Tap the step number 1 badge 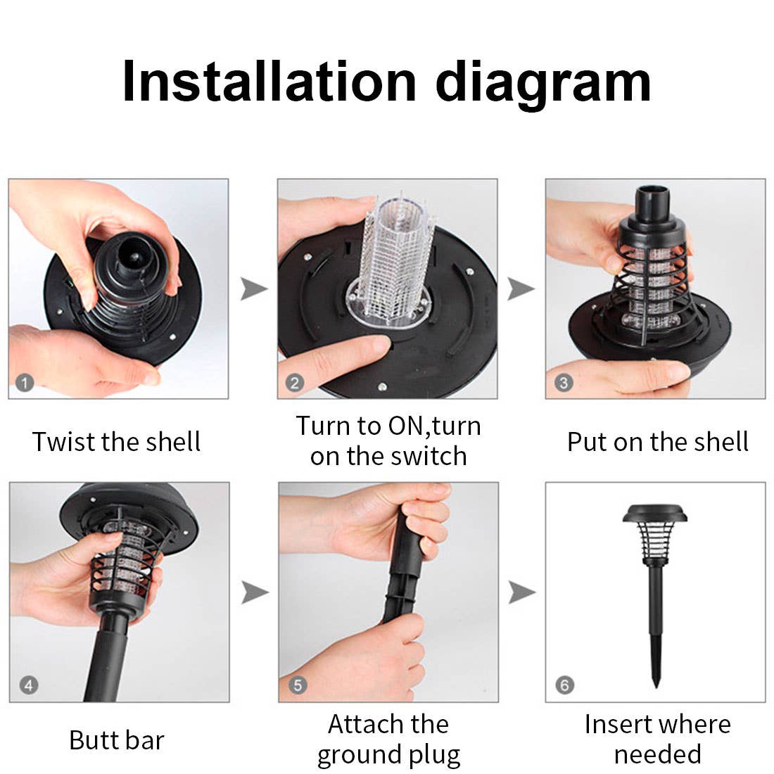click(x=25, y=383)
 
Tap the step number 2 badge click(x=294, y=383)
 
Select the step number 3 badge click(x=563, y=383)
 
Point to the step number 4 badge click(x=29, y=685)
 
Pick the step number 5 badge click(x=298, y=685)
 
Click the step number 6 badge click(x=564, y=685)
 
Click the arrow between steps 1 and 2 click(x=253, y=288)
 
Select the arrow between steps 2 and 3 click(x=521, y=288)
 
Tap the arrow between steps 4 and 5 click(x=254, y=592)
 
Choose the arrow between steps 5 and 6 click(x=521, y=592)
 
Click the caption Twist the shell click(x=117, y=442)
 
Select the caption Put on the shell click(x=658, y=442)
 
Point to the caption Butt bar click(x=117, y=740)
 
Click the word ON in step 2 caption click(x=406, y=426)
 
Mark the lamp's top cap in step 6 click(x=655, y=514)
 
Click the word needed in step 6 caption click(x=657, y=754)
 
